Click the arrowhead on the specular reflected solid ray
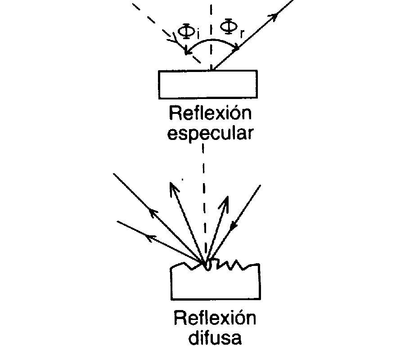coord(271,17)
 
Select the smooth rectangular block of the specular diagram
coord(208,84)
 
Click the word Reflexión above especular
coord(209,114)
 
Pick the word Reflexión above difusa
coord(214,318)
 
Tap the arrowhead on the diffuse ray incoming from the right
coord(233,228)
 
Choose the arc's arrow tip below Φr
coord(237,47)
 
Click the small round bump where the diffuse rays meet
coord(207,267)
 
